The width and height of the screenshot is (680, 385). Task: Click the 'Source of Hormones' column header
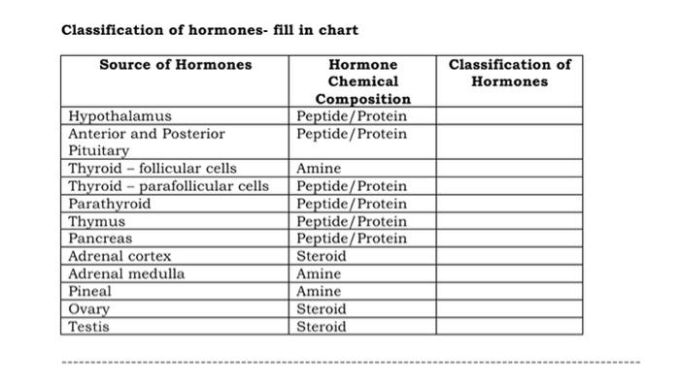pyautogui.click(x=175, y=65)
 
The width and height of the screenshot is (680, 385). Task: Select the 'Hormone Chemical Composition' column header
pyautogui.click(x=362, y=81)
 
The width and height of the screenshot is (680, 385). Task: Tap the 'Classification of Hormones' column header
pyautogui.click(x=509, y=73)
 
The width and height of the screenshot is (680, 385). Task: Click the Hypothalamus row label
pyautogui.click(x=119, y=117)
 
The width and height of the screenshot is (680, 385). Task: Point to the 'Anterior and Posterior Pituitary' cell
pyautogui.click(x=146, y=143)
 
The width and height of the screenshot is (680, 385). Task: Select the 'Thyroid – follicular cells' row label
pyautogui.click(x=153, y=169)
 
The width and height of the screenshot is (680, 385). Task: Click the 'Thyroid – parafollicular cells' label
pyautogui.click(x=169, y=186)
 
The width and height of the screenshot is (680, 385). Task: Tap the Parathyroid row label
pyautogui.click(x=110, y=204)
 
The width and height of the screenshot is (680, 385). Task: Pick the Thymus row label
pyautogui.click(x=96, y=221)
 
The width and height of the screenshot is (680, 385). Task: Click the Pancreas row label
pyautogui.click(x=100, y=239)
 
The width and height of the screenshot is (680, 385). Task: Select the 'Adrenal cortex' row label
pyautogui.click(x=119, y=257)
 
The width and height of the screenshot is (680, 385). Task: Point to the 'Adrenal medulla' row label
pyautogui.click(x=126, y=274)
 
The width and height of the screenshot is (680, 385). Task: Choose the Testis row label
pyautogui.click(x=89, y=327)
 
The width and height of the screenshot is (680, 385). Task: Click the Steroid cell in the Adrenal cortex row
pyautogui.click(x=321, y=257)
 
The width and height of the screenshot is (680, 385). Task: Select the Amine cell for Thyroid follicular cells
pyautogui.click(x=319, y=169)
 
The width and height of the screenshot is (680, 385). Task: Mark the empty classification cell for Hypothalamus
pyautogui.click(x=509, y=117)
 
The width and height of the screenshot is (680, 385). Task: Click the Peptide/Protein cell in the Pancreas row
pyautogui.click(x=352, y=239)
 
